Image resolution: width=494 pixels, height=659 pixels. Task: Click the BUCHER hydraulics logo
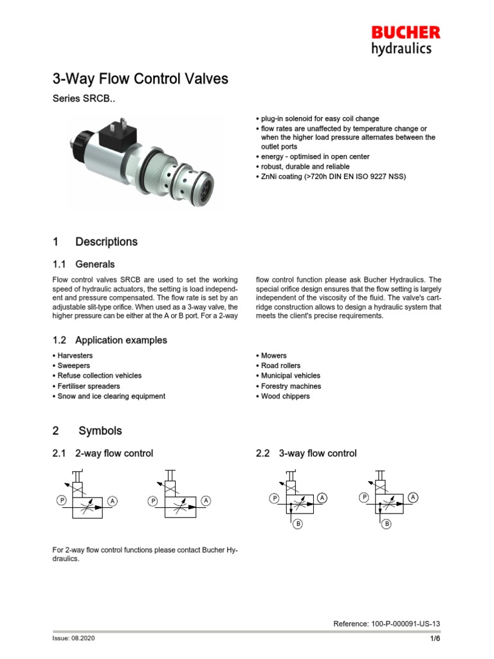(x=405, y=40)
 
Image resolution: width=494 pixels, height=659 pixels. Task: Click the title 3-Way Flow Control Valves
(x=140, y=79)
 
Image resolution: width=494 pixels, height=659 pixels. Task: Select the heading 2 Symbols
(x=87, y=431)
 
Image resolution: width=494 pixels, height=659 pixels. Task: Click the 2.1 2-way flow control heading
(x=102, y=454)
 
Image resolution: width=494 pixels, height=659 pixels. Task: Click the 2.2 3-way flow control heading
(x=306, y=454)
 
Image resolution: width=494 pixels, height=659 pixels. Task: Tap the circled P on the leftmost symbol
(x=61, y=500)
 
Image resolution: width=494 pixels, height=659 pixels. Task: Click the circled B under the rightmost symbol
(x=387, y=524)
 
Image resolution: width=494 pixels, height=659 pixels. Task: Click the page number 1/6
(x=435, y=638)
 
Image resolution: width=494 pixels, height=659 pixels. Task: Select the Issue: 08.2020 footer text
(x=73, y=638)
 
